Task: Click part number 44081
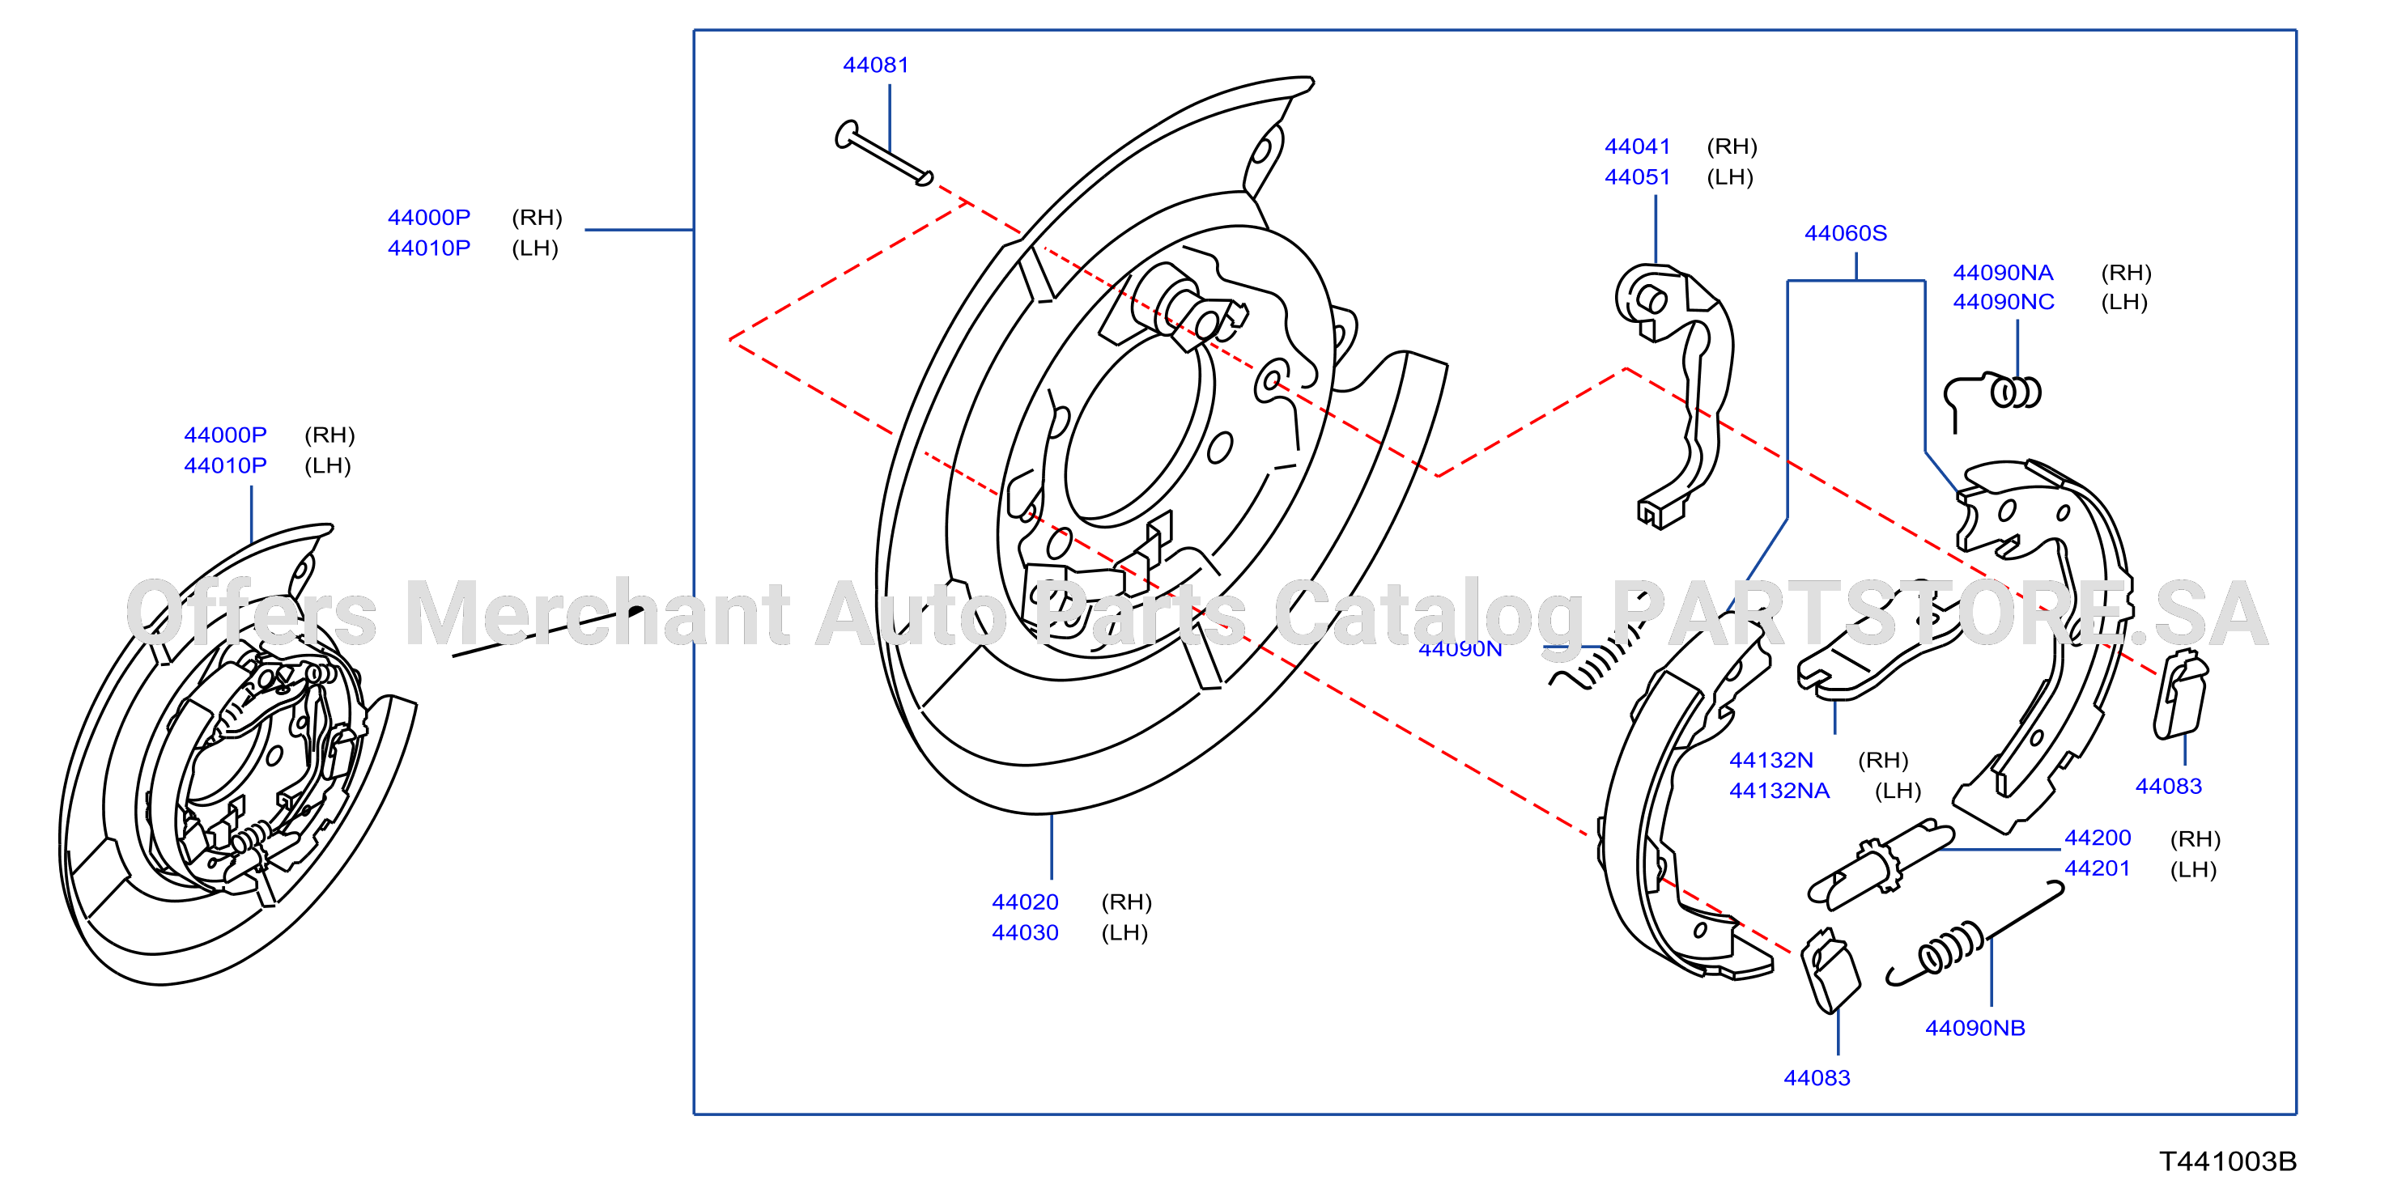pos(875,65)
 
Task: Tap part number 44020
pos(1025,902)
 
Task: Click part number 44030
pos(1025,932)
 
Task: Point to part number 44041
pos(1638,146)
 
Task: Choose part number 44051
pos(1638,177)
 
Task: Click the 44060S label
pos(1846,233)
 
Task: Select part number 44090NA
pos(2003,273)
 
